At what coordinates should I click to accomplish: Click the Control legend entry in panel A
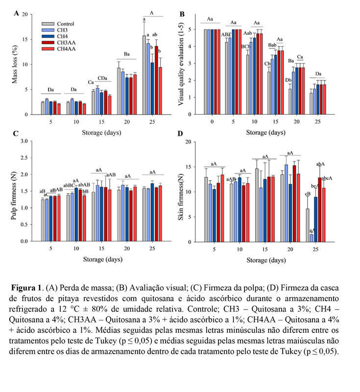(65, 24)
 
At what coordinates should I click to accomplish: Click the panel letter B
(182, 14)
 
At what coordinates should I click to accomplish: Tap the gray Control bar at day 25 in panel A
(144, 75)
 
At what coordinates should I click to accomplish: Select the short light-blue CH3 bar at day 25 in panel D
(311, 238)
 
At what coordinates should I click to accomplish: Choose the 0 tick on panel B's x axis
(212, 122)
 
